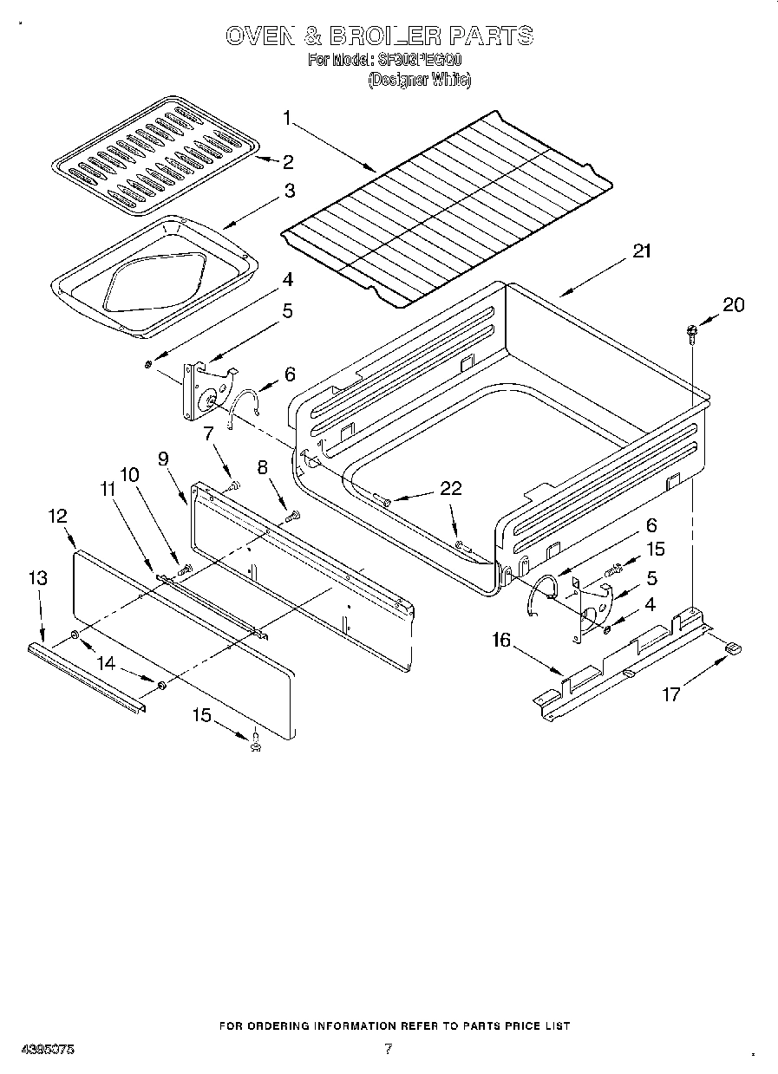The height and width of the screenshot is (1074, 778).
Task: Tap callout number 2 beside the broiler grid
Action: pos(286,161)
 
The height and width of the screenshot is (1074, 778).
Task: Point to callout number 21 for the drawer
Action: pos(641,251)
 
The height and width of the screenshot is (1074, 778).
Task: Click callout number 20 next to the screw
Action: pos(734,305)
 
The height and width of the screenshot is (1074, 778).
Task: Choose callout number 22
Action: pos(451,488)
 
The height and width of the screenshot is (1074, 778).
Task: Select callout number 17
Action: pos(670,693)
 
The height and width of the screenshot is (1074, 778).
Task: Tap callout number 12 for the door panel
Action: pos(57,516)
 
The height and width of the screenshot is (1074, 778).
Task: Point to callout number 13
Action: pos(37,578)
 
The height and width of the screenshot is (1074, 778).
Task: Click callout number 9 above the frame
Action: pos(162,459)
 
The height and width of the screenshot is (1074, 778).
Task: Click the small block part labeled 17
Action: pos(733,647)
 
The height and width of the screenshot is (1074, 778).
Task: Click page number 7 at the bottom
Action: pos(388,1049)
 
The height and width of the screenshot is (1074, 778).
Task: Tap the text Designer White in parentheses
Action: pos(419,80)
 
